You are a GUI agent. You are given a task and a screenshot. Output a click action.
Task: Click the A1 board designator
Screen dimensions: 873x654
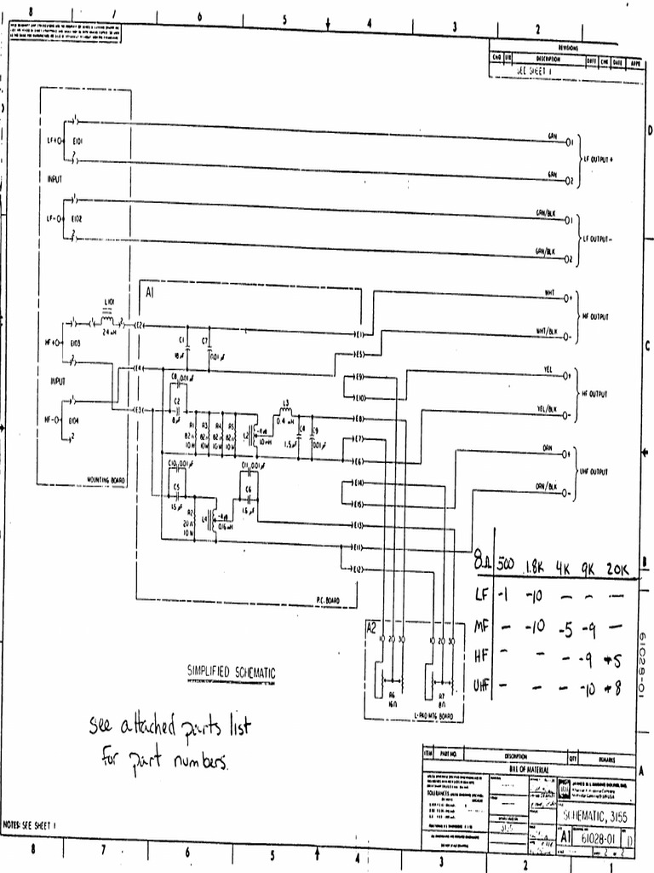tap(150, 292)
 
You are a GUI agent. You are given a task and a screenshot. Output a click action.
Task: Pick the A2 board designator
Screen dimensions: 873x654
tap(371, 627)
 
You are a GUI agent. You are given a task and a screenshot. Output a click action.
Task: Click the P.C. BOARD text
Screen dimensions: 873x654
tap(328, 600)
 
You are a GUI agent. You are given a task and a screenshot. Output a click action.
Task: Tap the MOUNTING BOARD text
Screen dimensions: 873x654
tap(106, 480)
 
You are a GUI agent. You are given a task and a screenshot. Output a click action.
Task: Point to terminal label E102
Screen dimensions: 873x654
tap(77, 218)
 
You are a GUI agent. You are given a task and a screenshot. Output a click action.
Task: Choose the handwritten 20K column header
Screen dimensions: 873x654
tap(617, 569)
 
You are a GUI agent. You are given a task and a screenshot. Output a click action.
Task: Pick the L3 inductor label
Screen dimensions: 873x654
tap(286, 402)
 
